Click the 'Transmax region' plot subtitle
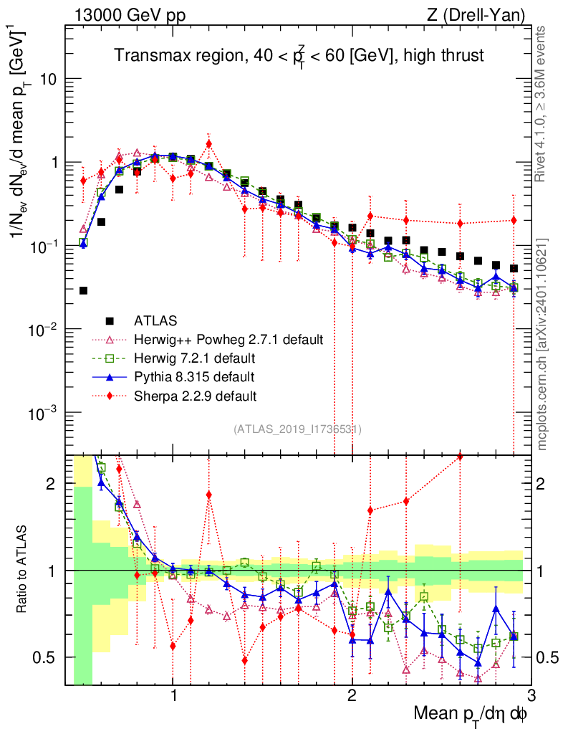coord(300,55)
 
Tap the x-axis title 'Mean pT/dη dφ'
coord(472,713)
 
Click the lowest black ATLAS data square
coord(83,290)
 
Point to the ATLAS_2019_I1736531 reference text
coord(297,429)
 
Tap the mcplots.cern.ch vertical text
coord(542,344)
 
